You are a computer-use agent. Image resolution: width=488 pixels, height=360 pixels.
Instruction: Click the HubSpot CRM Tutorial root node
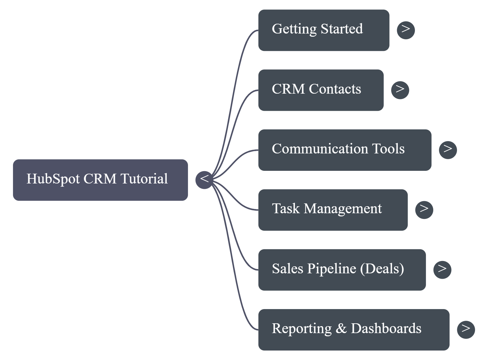tap(100, 180)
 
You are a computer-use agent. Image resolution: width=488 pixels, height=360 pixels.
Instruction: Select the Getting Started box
tap(323, 30)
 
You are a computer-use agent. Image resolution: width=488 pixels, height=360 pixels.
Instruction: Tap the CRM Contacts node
tap(321, 90)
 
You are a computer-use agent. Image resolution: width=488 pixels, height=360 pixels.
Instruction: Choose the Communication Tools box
tap(345, 150)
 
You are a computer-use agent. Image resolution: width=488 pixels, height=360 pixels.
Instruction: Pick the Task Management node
tap(333, 210)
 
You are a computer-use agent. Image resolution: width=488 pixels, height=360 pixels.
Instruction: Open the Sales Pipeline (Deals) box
tap(342, 270)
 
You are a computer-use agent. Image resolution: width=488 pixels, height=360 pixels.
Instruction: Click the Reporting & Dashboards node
tap(353, 330)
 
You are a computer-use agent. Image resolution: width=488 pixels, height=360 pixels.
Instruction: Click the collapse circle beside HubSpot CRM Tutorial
tap(204, 179)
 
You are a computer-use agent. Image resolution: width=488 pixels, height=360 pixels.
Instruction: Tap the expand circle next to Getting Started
tap(406, 30)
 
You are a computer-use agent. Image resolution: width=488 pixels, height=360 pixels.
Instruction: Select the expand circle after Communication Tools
tap(448, 150)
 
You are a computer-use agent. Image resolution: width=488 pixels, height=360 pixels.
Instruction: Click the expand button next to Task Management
tap(424, 209)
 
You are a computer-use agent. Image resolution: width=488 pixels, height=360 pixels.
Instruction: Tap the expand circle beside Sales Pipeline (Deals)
tap(442, 270)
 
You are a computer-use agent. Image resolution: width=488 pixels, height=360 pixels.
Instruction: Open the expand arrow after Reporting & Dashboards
tap(466, 329)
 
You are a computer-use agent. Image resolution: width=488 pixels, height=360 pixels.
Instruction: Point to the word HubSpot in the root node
tap(53, 179)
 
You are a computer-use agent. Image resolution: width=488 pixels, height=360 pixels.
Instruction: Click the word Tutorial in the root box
tap(144, 179)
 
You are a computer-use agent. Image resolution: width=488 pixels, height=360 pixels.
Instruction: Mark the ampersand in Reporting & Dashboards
tap(341, 329)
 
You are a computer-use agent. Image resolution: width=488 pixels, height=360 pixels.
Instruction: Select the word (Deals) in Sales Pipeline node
tap(382, 269)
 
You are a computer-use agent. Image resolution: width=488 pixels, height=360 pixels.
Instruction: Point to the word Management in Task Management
tap(343, 209)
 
